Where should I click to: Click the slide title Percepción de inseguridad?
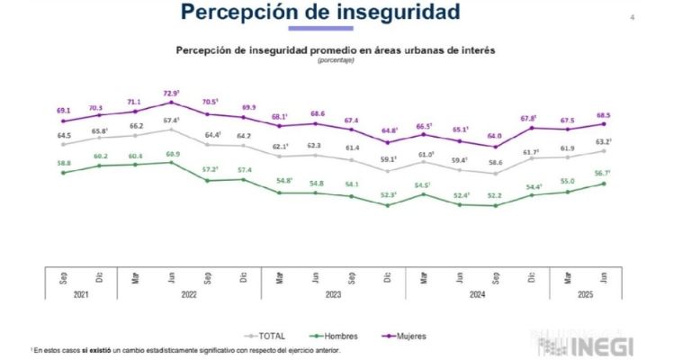pyautogui.click(x=320, y=13)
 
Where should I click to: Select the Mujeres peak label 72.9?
pyautogui.click(x=171, y=93)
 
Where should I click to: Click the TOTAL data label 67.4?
pyautogui.click(x=171, y=120)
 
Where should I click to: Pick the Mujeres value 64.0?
pyautogui.click(x=495, y=136)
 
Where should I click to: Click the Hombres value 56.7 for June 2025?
pyautogui.click(x=601, y=174)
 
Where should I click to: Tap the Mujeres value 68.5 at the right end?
pyautogui.click(x=602, y=114)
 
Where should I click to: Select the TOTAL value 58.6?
pyautogui.click(x=495, y=163)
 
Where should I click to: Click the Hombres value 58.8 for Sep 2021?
pyautogui.click(x=64, y=163)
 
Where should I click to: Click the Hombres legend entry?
pyautogui.click(x=328, y=336)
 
